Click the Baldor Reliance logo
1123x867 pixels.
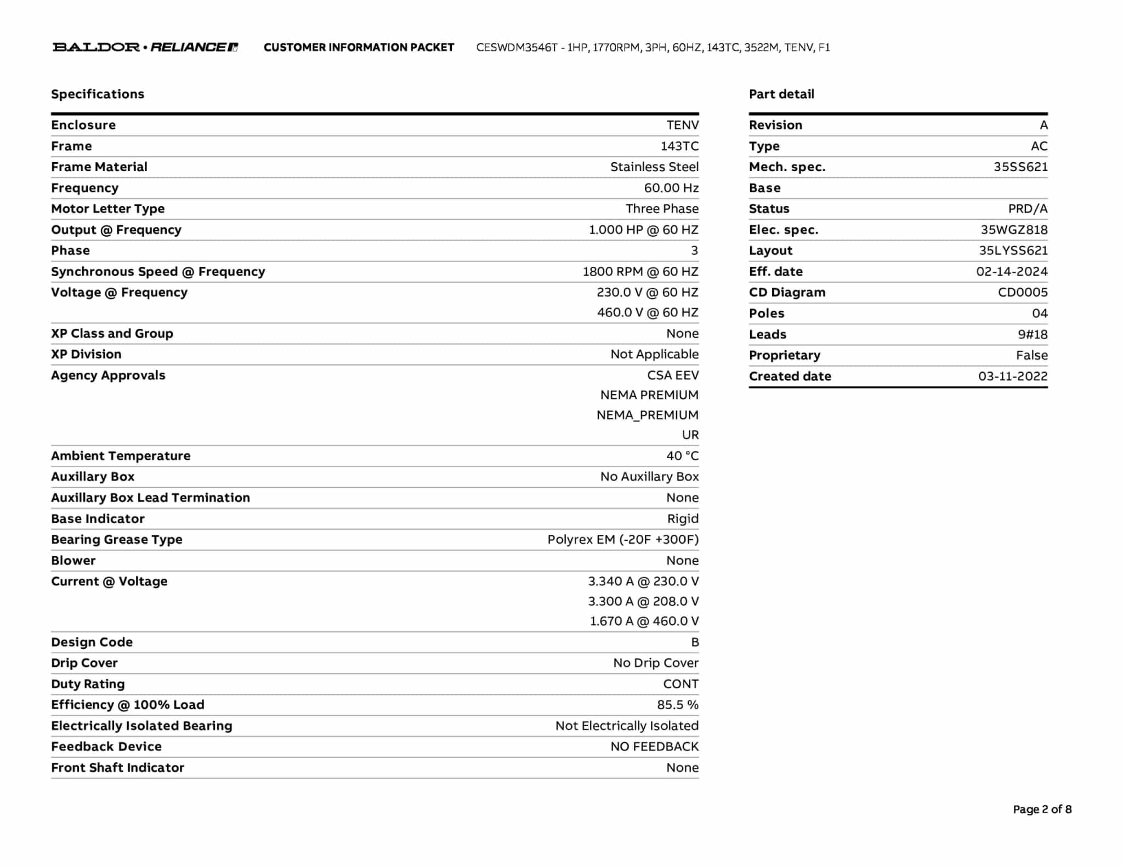[145, 47]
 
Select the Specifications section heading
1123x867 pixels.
[98, 94]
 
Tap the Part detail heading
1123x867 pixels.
[781, 94]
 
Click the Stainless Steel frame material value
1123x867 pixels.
[654, 167]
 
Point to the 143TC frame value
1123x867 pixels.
[679, 146]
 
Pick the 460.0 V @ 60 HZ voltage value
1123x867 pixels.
[648, 312]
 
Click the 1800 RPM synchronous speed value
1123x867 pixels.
[640, 272]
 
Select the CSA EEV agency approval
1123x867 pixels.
[673, 375]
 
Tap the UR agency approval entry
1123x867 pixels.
[690, 435]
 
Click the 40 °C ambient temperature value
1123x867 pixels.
[682, 456]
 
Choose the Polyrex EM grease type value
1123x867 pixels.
[623, 540]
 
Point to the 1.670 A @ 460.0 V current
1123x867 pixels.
[644, 621]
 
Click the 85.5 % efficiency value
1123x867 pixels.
[678, 705]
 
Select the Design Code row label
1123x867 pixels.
[92, 642]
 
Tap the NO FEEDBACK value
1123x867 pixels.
[654, 747]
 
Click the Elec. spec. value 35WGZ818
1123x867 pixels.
[1014, 230]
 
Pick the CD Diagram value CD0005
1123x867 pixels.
[1023, 293]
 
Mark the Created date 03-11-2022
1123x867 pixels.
[1013, 377]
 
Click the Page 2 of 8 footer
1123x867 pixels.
[1042, 809]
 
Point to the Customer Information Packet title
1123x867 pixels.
[359, 48]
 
